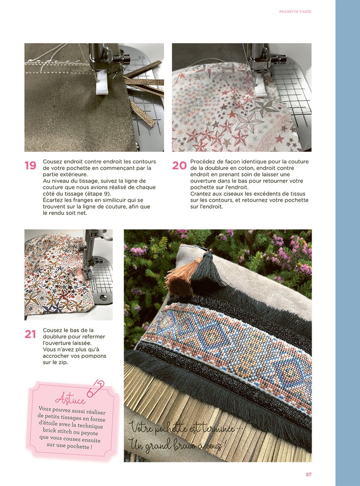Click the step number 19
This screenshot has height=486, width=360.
pos(30,166)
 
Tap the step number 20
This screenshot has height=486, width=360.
pos(179,166)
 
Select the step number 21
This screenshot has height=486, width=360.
pos(30,334)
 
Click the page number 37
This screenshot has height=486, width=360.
pos(308,474)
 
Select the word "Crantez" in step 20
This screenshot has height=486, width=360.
pos(201,194)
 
